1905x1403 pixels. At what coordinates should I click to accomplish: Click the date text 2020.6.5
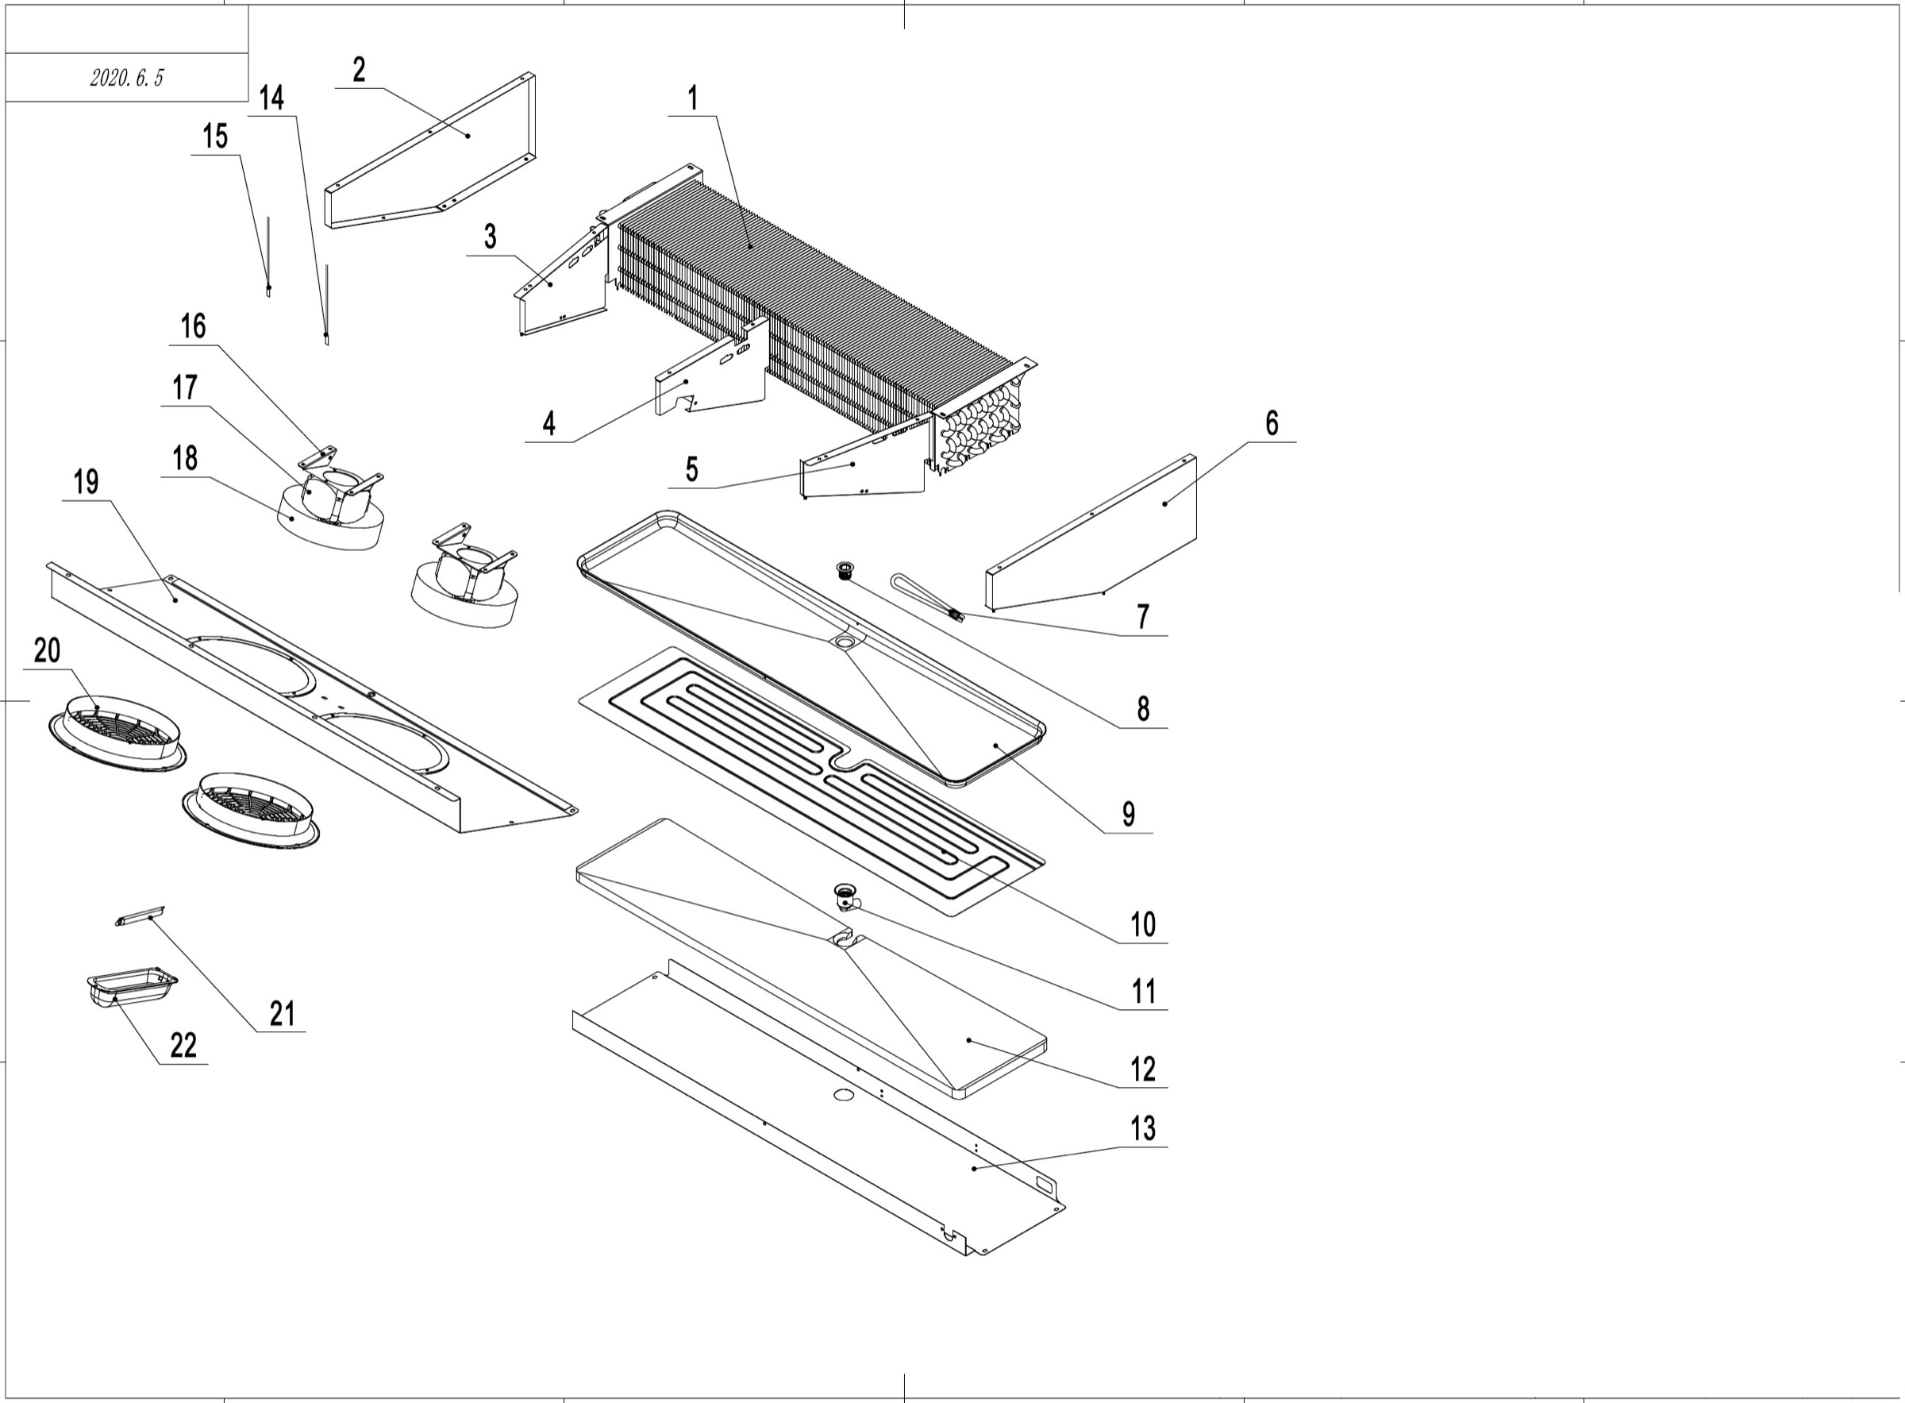coord(126,78)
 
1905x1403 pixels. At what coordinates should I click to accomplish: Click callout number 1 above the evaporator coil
coord(693,98)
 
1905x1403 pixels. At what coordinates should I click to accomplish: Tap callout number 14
coord(271,98)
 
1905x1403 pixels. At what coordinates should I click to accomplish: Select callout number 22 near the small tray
coord(183,1046)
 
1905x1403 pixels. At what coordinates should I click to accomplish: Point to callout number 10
coord(1143,924)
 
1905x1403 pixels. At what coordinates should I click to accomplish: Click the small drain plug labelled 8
coord(845,569)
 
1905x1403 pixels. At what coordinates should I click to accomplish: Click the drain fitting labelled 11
coord(845,896)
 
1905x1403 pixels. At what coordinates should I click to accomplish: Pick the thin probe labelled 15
coord(269,255)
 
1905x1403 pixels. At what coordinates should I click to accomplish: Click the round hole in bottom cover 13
coord(843,1095)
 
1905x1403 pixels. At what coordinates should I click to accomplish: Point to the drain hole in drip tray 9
coord(845,644)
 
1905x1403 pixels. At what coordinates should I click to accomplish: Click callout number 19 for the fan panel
coord(86,483)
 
